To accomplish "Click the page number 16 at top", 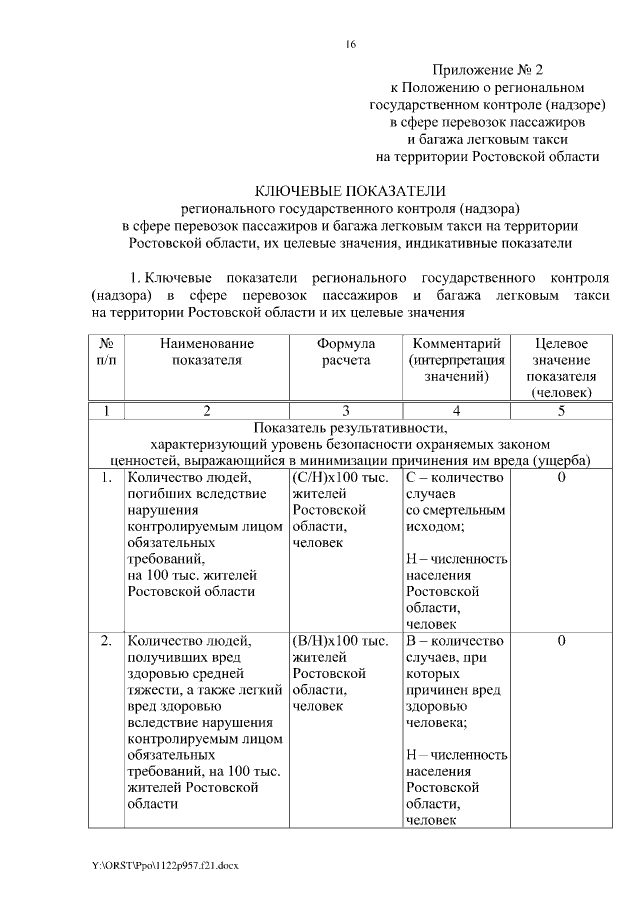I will pos(350,44).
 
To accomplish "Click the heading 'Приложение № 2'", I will pos(487,69).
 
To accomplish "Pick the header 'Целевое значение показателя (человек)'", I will pos(561,368).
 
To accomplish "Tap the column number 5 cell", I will pos(561,410).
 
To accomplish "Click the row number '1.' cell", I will pos(106,478).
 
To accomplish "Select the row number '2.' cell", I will pos(106,640).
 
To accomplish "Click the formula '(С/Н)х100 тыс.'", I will pos(340,478).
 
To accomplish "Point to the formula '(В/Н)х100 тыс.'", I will pos(340,640).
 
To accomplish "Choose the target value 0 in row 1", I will pos(561,478).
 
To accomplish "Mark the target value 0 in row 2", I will pos(561,640).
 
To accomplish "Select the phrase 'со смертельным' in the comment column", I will pos(456,510).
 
